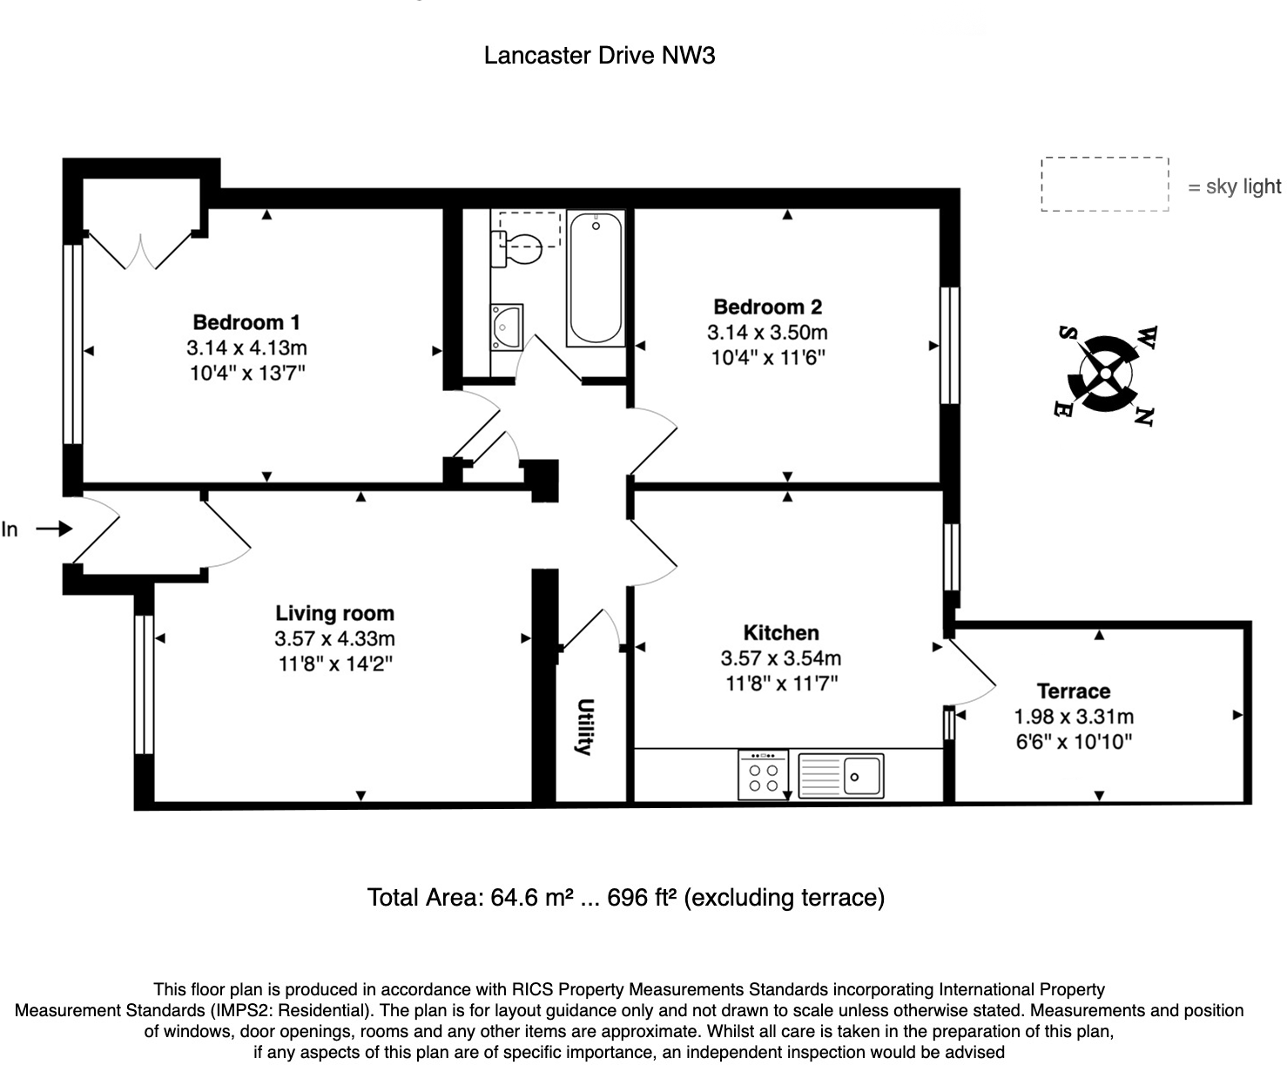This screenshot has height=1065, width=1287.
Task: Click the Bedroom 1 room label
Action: pos(246,322)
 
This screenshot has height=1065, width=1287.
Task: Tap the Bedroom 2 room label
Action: pos(767,307)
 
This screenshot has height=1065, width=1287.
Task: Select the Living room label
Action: pos(334,613)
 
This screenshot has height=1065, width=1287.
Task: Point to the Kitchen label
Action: pos(781,633)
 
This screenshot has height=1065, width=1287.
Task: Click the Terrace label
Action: pos(1074,691)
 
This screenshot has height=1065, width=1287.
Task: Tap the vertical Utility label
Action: pos(585,726)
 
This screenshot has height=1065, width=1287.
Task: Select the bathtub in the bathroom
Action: pos(596,278)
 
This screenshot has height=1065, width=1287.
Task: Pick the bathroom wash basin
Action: pos(507,327)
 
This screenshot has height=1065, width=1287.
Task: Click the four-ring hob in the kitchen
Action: pos(763,775)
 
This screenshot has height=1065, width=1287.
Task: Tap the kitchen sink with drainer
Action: pos(841,776)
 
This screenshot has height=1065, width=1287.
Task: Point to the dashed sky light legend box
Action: pos(1104,185)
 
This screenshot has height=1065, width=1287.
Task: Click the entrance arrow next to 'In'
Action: pos(54,529)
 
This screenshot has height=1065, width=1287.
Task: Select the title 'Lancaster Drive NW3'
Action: pos(599,56)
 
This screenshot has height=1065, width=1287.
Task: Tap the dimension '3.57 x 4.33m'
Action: pos(334,638)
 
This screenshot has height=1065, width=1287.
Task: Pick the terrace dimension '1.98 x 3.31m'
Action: pos(1074,717)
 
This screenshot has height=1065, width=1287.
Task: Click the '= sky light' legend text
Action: pos(1235,186)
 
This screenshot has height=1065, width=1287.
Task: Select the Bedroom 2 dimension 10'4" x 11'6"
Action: pos(768,357)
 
